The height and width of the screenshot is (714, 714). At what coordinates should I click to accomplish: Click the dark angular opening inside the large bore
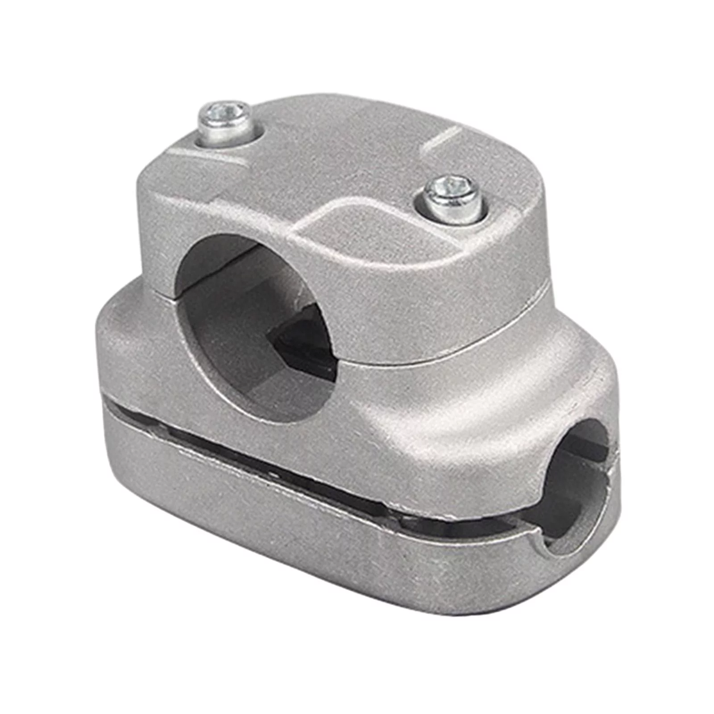[x=303, y=339]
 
